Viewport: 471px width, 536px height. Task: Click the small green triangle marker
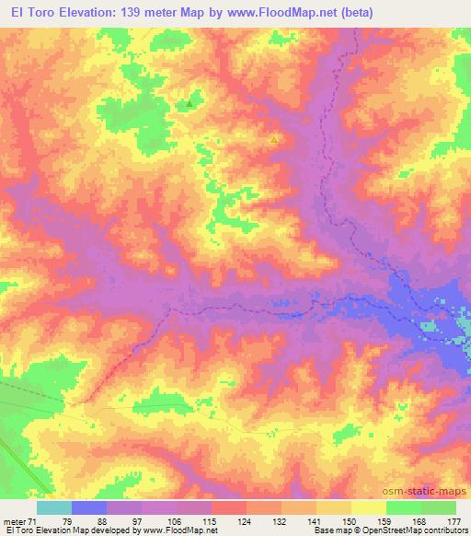click(x=190, y=104)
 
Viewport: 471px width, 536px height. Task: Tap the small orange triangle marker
click(x=273, y=140)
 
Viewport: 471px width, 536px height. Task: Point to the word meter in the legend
click(x=13, y=521)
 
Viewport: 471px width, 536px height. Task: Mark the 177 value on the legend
click(x=454, y=521)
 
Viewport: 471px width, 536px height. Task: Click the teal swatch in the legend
click(x=54, y=507)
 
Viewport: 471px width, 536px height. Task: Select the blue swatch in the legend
click(x=89, y=507)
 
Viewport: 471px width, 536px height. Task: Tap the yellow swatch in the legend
click(x=368, y=507)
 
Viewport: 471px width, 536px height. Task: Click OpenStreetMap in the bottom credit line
click(x=409, y=531)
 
